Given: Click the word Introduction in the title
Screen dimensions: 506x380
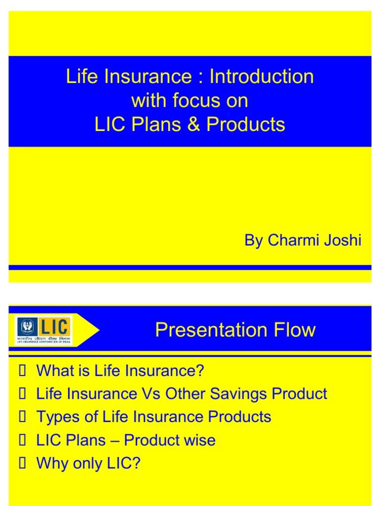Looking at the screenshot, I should click(262, 77).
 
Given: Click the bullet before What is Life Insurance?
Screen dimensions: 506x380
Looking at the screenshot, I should click(21, 371).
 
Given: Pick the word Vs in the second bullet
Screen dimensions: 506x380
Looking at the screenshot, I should click(151, 394).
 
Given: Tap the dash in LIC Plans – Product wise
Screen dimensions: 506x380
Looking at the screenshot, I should click(115, 440).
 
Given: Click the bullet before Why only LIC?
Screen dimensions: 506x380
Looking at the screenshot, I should click(21, 464).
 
